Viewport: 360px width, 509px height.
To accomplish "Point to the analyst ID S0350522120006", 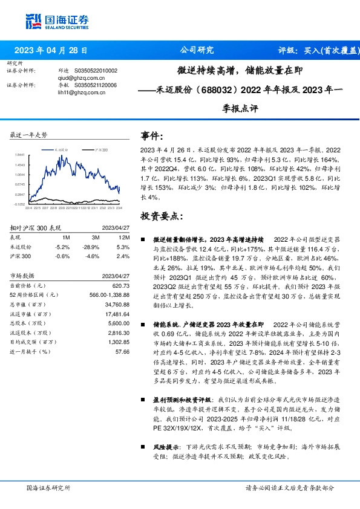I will click(95, 85).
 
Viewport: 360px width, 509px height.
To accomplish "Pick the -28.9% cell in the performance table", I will click(90, 247).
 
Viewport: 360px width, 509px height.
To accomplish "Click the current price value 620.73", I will click(113, 285).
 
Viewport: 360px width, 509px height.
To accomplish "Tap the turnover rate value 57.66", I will click(115, 351).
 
